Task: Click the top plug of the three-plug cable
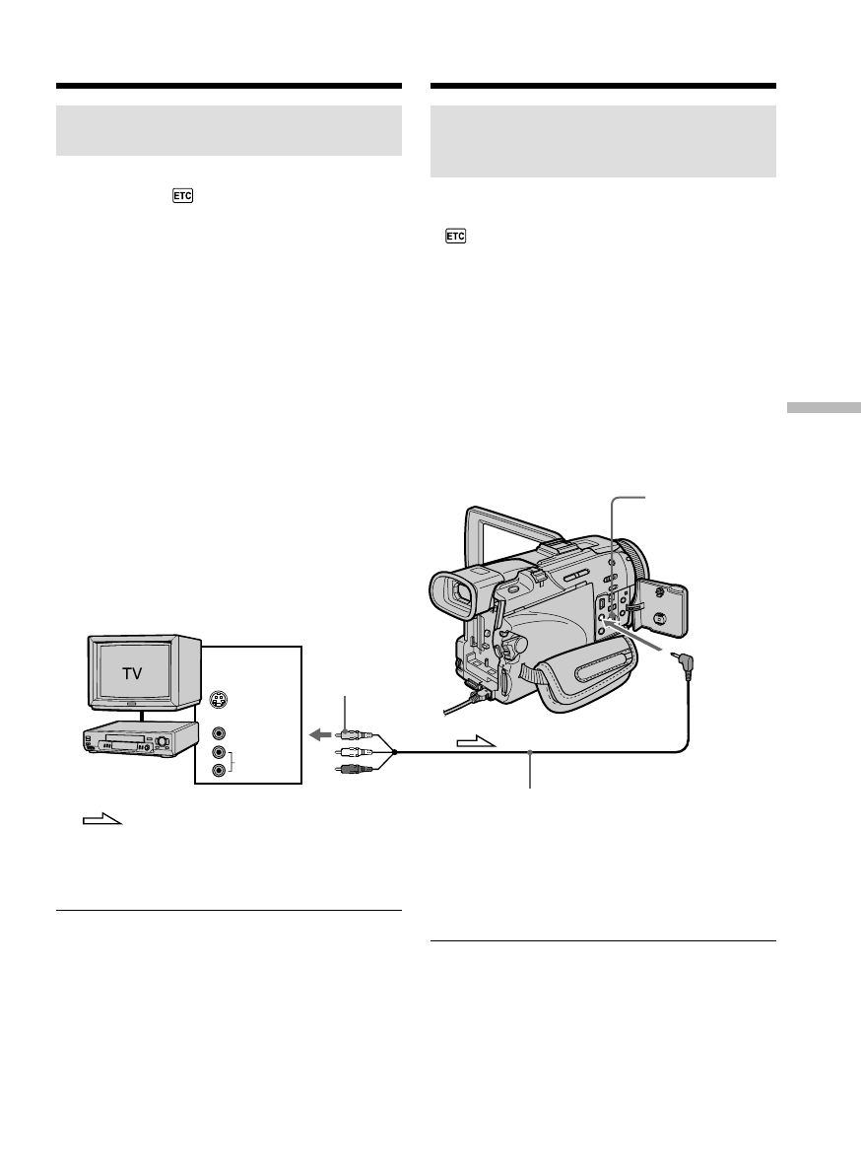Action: pyautogui.click(x=351, y=734)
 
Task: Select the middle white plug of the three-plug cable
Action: pyautogui.click(x=351, y=751)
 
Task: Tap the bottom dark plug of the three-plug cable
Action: pyautogui.click(x=351, y=767)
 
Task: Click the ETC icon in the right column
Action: pyautogui.click(x=455, y=237)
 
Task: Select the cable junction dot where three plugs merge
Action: pyautogui.click(x=394, y=752)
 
